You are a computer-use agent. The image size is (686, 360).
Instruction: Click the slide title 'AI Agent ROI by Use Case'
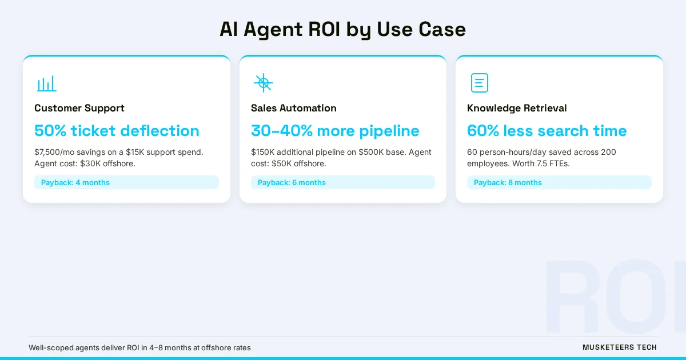tap(342, 29)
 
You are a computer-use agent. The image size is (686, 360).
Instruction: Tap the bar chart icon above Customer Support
tap(47, 83)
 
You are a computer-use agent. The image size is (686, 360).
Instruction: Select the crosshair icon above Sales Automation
tap(263, 83)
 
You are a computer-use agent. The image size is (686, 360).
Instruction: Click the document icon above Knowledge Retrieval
tap(479, 83)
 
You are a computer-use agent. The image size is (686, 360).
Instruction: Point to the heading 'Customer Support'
tap(79, 108)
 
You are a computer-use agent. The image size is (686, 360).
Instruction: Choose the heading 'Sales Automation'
tap(293, 108)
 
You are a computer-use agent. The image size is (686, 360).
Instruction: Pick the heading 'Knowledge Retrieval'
tap(517, 108)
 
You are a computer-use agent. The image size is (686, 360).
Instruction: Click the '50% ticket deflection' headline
tap(117, 131)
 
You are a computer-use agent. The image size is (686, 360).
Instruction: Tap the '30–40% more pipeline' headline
tap(335, 131)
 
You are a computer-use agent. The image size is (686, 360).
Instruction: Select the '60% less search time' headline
tap(547, 131)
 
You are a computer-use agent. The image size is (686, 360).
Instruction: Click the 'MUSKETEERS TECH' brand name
tap(620, 347)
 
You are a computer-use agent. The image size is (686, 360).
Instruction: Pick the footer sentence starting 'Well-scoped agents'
tap(139, 347)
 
